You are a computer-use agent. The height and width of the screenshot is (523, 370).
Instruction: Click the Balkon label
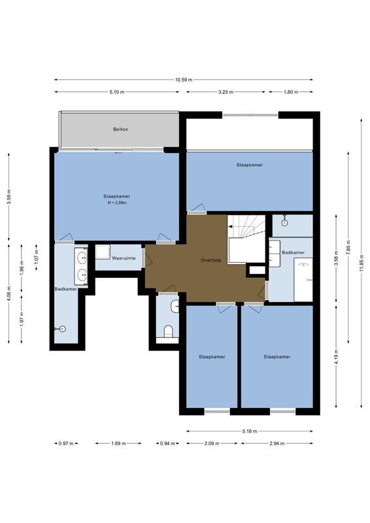pos(120,129)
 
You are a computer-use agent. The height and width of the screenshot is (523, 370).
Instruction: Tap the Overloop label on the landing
pos(211,260)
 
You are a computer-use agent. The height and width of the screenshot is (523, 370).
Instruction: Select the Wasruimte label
pos(124,259)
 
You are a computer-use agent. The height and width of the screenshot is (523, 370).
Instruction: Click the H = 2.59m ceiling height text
pos(116,203)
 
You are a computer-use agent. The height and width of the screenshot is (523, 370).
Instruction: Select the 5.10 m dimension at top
pos(117,92)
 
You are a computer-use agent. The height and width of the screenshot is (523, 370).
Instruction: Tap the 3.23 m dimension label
pos(226,92)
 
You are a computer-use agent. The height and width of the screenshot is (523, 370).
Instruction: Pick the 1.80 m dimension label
pos(290,92)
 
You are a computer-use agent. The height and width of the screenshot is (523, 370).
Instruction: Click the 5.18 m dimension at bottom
pos(249,431)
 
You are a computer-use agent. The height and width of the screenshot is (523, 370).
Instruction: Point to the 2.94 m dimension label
pos(276,443)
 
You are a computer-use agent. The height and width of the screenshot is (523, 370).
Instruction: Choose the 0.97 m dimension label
pos(65,443)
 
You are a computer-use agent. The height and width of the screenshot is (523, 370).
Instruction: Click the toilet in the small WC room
pos(168,330)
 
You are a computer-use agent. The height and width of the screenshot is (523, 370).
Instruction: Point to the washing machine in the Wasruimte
pos(103,252)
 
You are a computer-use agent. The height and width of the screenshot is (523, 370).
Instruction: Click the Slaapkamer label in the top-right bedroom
pos(250,165)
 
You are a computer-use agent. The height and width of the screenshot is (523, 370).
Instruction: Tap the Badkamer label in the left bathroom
pos(66,289)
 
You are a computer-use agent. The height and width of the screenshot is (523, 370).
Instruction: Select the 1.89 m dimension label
pos(118,443)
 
